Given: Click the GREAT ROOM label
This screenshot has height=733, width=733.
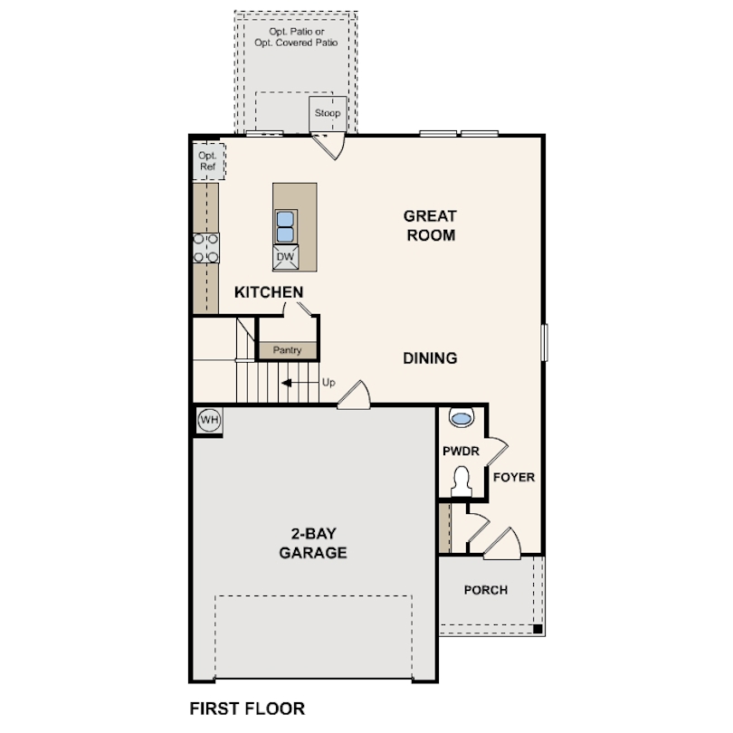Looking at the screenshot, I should pyautogui.click(x=430, y=225).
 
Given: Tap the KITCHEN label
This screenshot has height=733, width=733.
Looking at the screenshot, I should pyautogui.click(x=268, y=292).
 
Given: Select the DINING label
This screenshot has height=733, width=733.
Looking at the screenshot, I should pyautogui.click(x=430, y=358).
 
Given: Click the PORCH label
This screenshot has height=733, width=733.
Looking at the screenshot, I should pyautogui.click(x=485, y=590).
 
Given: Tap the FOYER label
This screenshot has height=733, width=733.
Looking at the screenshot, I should pyautogui.click(x=513, y=477).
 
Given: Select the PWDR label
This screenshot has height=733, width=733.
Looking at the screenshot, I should pyautogui.click(x=460, y=452).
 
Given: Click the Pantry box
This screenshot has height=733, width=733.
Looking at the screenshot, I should pyautogui.click(x=287, y=349).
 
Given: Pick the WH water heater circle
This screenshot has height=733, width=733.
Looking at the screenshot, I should pyautogui.click(x=209, y=419).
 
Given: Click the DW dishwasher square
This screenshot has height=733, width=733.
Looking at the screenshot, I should pyautogui.click(x=285, y=256).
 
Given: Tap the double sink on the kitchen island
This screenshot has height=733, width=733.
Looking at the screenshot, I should pyautogui.click(x=285, y=226).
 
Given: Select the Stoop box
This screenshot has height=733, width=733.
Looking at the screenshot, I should pyautogui.click(x=327, y=113).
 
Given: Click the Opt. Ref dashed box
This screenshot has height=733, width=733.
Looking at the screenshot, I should pyautogui.click(x=208, y=161).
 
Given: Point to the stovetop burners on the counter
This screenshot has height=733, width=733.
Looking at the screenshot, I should pyautogui.click(x=206, y=247).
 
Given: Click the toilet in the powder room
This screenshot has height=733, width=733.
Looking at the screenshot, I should pyautogui.click(x=462, y=481).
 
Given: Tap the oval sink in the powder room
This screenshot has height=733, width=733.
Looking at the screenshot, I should pyautogui.click(x=462, y=419).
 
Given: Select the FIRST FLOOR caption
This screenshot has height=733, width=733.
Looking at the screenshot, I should pyautogui.click(x=247, y=708).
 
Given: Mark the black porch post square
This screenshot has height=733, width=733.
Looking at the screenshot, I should pyautogui.click(x=537, y=628).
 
